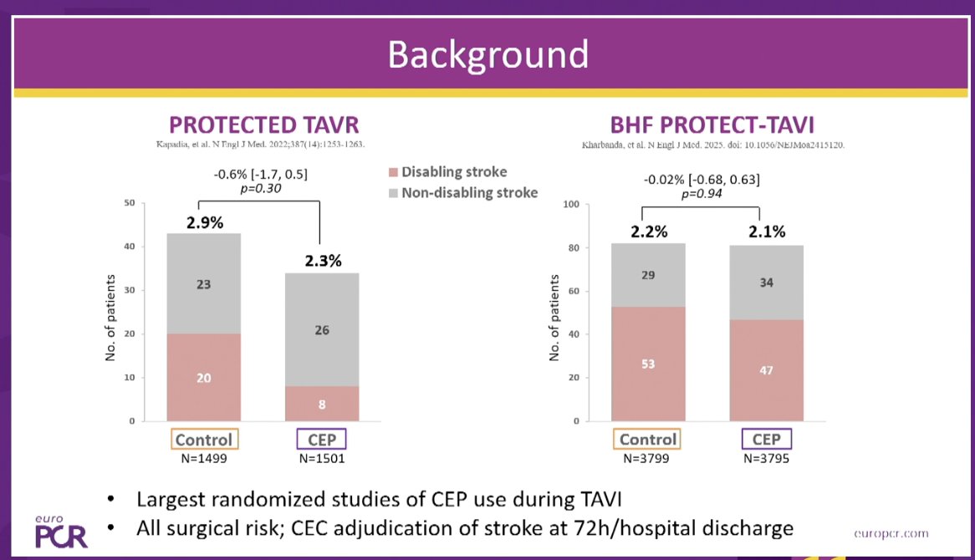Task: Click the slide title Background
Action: pos(487,54)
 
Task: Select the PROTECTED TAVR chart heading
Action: pos(264,125)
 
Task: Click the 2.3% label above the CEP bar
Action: pos(322,261)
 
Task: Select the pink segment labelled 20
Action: pos(204,378)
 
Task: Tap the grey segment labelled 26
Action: pos(322,329)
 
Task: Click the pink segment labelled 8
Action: pos(322,404)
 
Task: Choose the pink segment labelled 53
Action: pos(648,364)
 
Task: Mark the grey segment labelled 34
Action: pos(766,283)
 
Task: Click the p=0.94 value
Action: pos(702,193)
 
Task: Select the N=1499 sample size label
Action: pos(204,459)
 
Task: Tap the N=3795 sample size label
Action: pos(766,459)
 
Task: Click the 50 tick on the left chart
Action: pos(129,203)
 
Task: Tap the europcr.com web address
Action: pos(891,533)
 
